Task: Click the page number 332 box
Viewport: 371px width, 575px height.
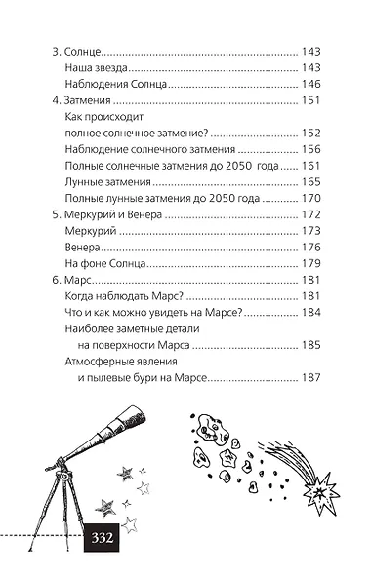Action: (102, 537)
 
